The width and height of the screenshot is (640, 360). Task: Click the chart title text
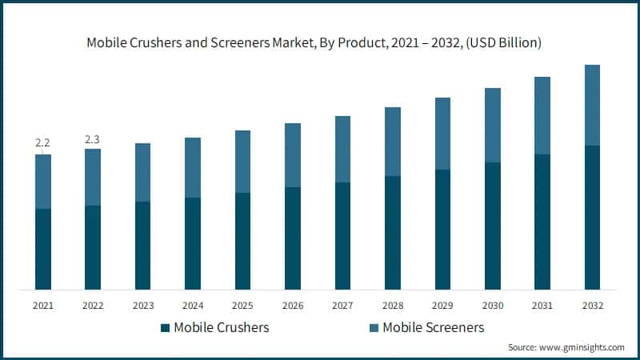320,42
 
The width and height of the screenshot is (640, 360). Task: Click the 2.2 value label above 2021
43,143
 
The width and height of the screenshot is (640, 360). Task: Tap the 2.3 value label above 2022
93,139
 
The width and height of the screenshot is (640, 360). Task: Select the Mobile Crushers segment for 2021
43,249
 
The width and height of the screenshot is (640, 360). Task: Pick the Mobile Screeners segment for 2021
43,182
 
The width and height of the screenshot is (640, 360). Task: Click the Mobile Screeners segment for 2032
592,105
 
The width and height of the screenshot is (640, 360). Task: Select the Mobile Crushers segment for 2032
592,217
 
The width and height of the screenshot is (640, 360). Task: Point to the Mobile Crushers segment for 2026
293,238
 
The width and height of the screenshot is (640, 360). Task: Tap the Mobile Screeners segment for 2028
393,142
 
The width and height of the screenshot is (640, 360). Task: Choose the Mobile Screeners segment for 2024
193,167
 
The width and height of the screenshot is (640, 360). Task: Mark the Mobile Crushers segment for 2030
493,226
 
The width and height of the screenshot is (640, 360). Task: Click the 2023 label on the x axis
143,306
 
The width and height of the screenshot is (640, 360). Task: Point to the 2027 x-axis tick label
342,306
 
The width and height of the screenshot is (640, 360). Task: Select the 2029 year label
442,306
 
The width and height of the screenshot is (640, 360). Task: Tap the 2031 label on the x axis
542,306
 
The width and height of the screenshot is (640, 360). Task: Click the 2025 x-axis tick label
243,306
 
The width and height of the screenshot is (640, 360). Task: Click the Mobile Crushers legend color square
165,327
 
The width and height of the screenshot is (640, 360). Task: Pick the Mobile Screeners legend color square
374,327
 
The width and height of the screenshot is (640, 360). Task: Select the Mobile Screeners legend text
433,327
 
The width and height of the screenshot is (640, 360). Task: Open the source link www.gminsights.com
583,347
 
